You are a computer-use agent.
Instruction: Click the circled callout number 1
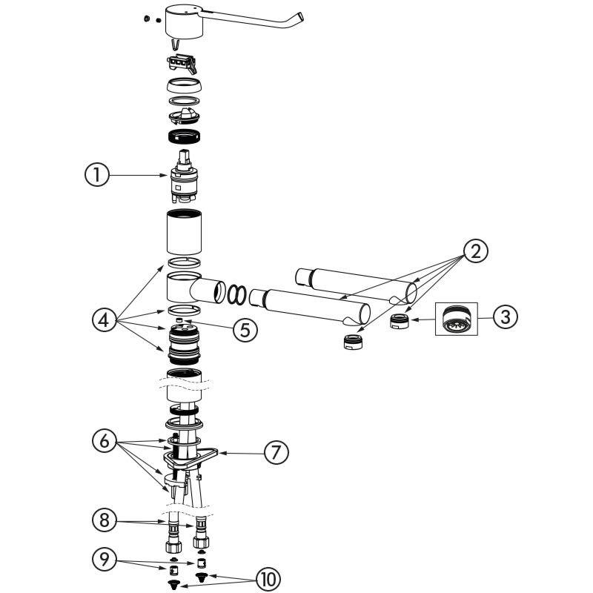click(96, 176)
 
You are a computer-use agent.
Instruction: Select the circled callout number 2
click(475, 251)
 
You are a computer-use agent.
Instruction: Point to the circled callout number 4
click(105, 320)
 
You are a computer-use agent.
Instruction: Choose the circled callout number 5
click(245, 330)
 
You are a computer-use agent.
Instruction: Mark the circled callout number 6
click(105, 441)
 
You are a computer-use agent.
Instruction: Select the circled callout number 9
click(105, 559)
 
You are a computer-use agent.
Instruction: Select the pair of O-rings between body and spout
click(236, 294)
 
